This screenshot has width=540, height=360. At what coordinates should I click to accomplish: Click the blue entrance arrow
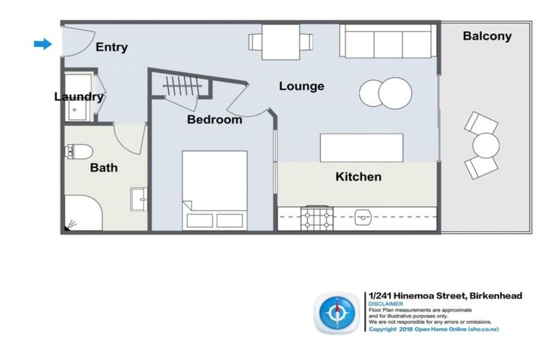43,44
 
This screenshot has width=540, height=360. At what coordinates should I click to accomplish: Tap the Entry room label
112,47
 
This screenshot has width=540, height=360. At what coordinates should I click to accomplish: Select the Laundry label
79,97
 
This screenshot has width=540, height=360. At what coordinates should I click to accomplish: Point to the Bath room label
103,168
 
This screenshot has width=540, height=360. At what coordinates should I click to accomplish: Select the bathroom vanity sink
139,199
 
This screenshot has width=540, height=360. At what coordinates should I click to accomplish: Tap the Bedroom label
214,120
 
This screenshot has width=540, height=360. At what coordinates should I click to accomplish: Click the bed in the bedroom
214,189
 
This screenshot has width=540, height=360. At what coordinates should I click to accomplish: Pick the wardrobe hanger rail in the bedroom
184,87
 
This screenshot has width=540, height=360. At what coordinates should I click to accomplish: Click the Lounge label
302,86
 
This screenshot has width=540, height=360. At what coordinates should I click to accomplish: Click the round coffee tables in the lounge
385,92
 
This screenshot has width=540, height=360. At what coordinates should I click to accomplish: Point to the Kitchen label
358,176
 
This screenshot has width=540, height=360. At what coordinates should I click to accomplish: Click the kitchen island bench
361,148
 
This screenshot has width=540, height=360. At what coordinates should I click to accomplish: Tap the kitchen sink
363,217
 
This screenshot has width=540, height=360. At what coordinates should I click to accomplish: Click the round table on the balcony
485,146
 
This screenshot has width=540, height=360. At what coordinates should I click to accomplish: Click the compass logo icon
338,313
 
